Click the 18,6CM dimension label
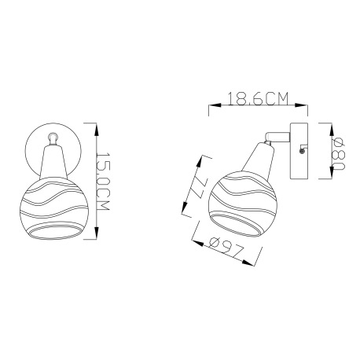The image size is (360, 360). tap(258, 98)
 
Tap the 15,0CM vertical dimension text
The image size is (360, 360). tap(102, 182)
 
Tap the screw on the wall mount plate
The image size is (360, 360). tap(302, 151)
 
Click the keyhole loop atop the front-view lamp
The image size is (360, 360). tap(53, 138)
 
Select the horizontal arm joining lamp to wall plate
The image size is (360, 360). tap(277, 136)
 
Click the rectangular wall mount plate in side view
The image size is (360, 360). tap(299, 151)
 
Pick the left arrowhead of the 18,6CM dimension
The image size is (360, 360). tap(215, 105)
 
